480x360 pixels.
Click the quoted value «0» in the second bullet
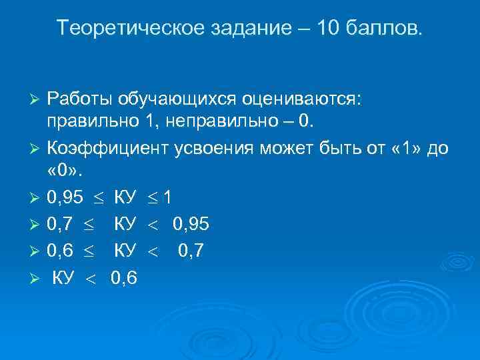63,173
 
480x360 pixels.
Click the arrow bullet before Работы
37,100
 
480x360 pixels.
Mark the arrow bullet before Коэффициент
37,149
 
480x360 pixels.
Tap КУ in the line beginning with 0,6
125,251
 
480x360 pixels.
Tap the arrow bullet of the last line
37,279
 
